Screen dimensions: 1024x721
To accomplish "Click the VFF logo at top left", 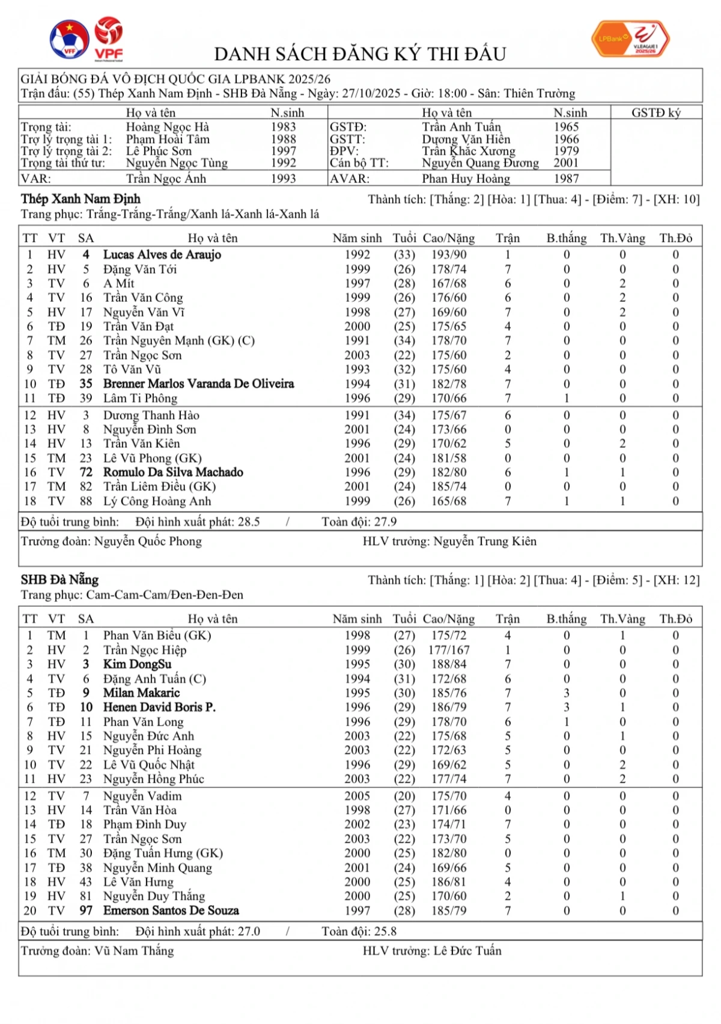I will (69, 40).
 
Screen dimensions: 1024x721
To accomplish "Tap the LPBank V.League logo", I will (630, 39).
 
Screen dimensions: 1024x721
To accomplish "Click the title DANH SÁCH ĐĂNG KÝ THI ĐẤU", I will (360, 54).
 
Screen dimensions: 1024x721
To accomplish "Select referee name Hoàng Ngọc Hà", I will (168, 127).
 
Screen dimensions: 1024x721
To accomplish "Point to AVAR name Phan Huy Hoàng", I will (466, 178).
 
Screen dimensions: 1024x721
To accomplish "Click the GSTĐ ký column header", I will (656, 112).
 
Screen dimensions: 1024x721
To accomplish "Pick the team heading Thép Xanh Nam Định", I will (81, 199).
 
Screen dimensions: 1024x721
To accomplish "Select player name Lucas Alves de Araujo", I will (162, 254).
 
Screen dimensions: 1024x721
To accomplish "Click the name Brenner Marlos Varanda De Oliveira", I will (198, 384).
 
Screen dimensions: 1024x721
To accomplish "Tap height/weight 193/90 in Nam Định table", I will (448, 254).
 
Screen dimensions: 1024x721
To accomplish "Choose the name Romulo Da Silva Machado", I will (173, 472).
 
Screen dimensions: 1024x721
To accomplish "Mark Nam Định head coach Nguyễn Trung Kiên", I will (484, 541).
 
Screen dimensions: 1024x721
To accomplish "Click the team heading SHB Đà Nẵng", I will (59, 580).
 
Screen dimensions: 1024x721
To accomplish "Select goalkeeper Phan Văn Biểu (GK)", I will (157, 635).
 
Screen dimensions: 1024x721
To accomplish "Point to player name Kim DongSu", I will (137, 664).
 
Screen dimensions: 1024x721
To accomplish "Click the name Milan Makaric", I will (141, 693).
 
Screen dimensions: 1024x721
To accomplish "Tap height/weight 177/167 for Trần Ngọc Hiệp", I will (448, 650).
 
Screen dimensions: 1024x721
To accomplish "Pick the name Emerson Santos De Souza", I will (171, 911).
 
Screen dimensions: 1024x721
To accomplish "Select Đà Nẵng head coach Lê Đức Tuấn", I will (467, 951).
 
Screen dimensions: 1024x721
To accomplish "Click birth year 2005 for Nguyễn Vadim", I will (357, 796).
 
